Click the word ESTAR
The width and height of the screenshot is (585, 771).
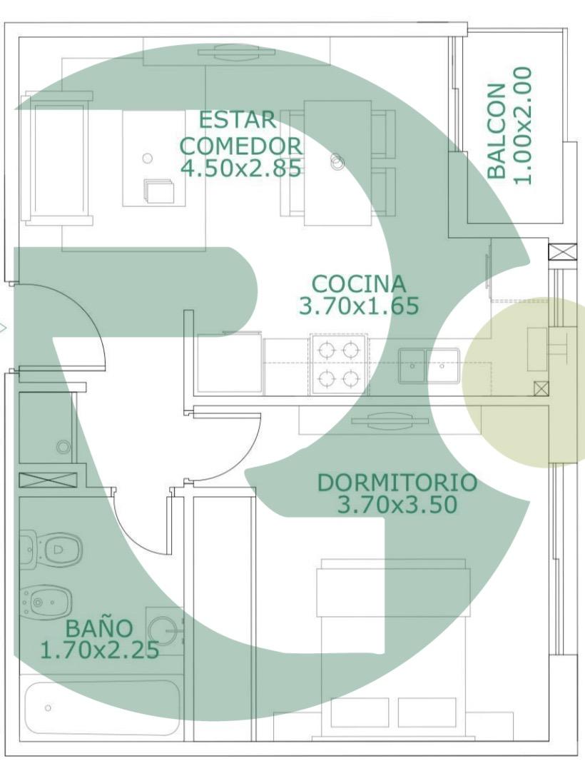point(238,120)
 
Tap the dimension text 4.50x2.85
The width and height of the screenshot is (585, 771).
point(240,168)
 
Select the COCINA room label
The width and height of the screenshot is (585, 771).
point(359,283)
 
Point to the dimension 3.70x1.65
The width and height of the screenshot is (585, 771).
point(359,306)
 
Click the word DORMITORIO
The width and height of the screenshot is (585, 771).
point(397,483)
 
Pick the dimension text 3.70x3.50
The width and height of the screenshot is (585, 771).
point(397,505)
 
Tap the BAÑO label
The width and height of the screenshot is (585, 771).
point(98,628)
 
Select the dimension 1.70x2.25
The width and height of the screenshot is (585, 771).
point(99,650)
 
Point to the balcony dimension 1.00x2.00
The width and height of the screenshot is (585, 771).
point(522,126)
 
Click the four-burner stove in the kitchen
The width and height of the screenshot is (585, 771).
point(339,364)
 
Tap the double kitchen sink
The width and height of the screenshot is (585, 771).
point(429,366)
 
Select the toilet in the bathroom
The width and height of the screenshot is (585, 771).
point(51,548)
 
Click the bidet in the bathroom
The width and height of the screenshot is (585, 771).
point(46,601)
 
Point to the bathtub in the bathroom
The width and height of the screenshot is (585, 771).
point(100,707)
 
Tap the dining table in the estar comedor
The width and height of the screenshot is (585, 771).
point(337,163)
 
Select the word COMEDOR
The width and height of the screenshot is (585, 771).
point(241,146)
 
